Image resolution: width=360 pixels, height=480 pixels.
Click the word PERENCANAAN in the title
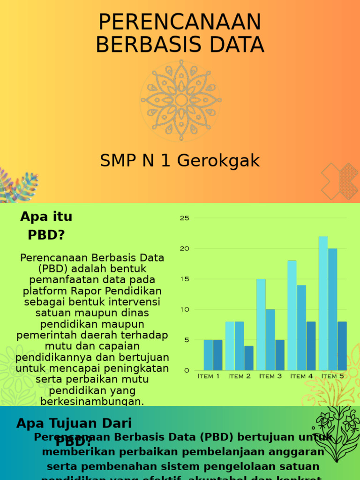pos(180,22)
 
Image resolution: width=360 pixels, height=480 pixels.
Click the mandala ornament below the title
pos(181,100)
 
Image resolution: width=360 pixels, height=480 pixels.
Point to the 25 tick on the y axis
pos(184,218)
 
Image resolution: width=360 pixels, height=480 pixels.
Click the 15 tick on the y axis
pos(184,279)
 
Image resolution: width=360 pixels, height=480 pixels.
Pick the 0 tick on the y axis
pos(187,370)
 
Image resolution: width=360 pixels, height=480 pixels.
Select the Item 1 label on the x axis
pos(209,376)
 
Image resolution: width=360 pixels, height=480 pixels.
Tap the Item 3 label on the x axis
pos(270,376)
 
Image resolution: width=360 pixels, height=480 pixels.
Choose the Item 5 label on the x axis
pos(332,376)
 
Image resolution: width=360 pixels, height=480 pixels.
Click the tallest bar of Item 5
pos(323,303)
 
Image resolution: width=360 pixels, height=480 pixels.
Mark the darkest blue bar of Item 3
pos(280,355)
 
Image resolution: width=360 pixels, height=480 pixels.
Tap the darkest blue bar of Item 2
pos(249,358)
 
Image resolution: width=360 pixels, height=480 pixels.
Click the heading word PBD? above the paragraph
pos(46,235)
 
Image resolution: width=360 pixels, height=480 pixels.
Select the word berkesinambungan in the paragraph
pos(92,402)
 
